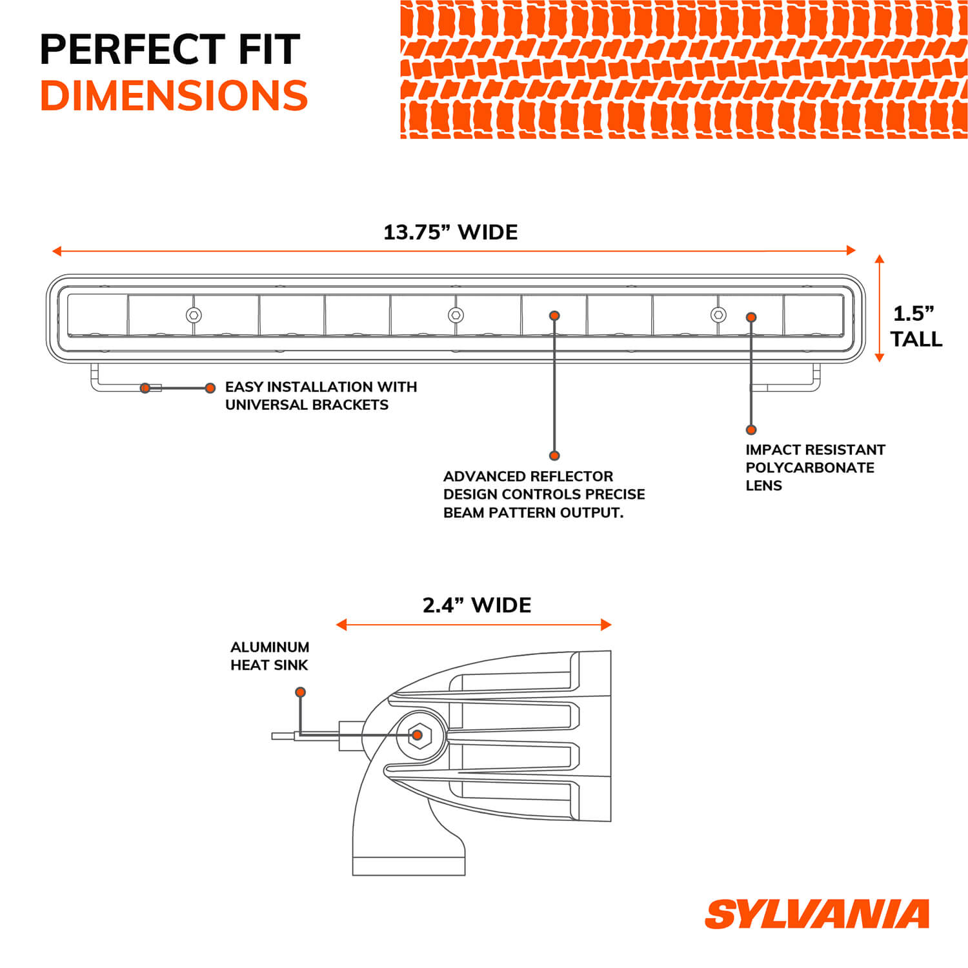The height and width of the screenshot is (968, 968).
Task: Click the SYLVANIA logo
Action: click(x=816, y=914)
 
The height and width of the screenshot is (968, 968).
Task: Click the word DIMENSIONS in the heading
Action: click(x=174, y=96)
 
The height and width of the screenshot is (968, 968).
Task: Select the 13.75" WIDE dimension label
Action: click(x=450, y=232)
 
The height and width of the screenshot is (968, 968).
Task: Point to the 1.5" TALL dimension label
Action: click(x=916, y=326)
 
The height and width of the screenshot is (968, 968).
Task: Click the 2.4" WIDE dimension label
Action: click(x=477, y=605)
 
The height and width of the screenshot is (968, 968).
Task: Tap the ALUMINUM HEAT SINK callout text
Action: click(x=270, y=656)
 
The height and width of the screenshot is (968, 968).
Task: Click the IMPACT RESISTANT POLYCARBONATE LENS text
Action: click(x=814, y=467)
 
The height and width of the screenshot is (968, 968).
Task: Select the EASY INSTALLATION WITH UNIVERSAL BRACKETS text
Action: click(x=321, y=396)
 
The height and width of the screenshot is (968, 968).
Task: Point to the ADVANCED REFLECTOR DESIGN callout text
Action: click(x=543, y=494)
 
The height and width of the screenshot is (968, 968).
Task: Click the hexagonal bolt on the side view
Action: click(x=419, y=735)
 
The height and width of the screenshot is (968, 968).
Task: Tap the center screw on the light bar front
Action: click(x=456, y=315)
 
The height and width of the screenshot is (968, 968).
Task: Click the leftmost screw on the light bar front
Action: click(x=194, y=315)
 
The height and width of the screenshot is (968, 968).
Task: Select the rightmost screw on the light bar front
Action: click(x=718, y=315)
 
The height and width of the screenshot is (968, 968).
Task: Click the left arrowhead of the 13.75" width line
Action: click(x=57, y=250)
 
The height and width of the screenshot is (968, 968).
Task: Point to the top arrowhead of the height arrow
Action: click(x=879, y=259)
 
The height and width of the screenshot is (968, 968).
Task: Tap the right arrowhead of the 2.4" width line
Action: click(x=606, y=624)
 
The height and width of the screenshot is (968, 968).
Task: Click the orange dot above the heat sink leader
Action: click(x=300, y=692)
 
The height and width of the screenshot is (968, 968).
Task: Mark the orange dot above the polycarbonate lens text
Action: click(x=751, y=430)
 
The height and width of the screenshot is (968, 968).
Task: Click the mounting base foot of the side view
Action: click(x=408, y=865)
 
